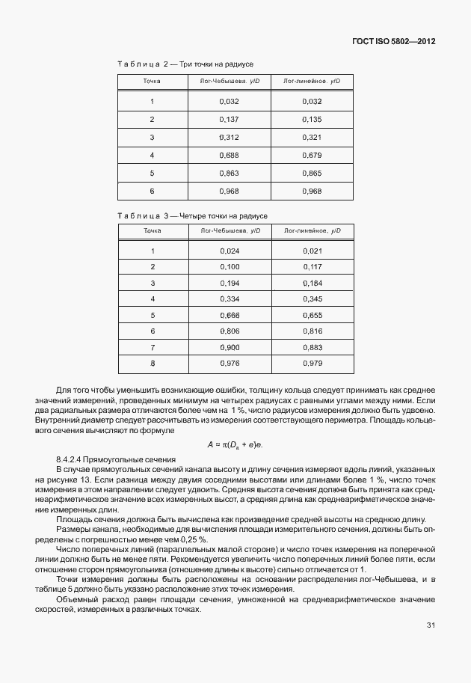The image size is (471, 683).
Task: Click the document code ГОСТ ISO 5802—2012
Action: tap(394, 41)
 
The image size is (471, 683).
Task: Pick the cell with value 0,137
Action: tap(230, 119)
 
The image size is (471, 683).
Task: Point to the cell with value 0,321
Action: tap(312, 137)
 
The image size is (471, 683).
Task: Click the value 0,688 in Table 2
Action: tap(230, 156)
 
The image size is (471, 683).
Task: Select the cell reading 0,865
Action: tap(312, 174)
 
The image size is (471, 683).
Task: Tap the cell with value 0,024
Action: tap(230, 251)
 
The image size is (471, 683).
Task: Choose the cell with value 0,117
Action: tap(312, 267)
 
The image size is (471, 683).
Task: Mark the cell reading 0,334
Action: tap(230, 299)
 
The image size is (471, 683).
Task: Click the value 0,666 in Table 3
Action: tap(230, 315)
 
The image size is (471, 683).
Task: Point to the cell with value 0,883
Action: tap(312, 347)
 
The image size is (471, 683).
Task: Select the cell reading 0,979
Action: tap(312, 364)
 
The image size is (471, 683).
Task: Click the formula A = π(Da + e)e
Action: tap(235, 444)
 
